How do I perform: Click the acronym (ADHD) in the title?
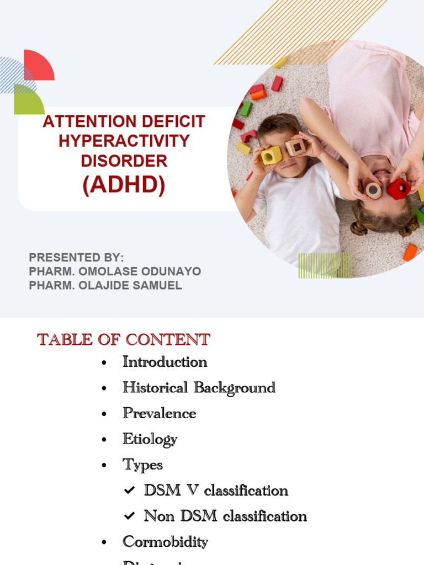point(124,185)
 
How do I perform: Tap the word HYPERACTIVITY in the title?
point(124,141)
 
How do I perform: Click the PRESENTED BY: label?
point(76,258)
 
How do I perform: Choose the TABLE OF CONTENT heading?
point(124,339)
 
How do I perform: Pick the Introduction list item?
point(165,362)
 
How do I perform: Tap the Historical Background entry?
point(199,387)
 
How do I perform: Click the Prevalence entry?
point(159,413)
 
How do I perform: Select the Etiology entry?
point(150,439)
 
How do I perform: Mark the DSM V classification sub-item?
point(216,490)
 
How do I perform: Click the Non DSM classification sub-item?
point(225,516)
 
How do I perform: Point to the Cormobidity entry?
point(165,542)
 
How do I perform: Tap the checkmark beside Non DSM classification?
point(129,516)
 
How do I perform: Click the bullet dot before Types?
point(104,466)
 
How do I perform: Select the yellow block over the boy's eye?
point(271,155)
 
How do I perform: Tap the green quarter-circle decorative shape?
point(28,100)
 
